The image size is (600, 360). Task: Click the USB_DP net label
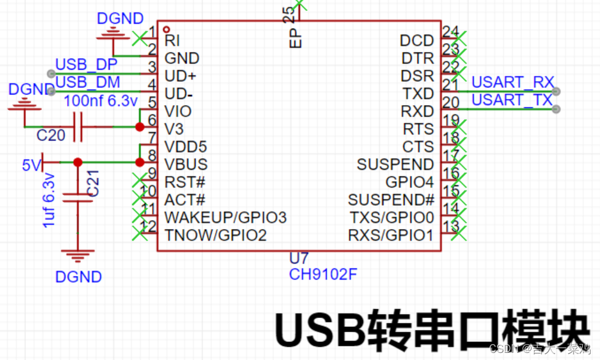[x=86, y=64]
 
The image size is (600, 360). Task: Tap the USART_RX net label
[x=513, y=82]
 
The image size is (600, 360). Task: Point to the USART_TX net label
[x=512, y=100]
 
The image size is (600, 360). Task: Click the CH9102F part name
[x=323, y=274]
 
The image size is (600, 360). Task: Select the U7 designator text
[x=298, y=258]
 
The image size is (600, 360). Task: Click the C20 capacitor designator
[x=51, y=136]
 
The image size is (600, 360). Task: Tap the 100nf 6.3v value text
[x=100, y=101]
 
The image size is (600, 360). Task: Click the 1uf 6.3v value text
[x=48, y=200]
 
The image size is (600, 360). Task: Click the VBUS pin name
[x=186, y=164]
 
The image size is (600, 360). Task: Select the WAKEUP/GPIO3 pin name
[x=225, y=218]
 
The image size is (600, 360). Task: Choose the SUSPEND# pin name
[x=391, y=199]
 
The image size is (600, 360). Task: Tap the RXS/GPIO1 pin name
[x=390, y=235]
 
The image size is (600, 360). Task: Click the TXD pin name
[x=418, y=93]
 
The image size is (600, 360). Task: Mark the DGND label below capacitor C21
[x=79, y=277]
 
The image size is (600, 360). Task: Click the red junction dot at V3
[x=139, y=127]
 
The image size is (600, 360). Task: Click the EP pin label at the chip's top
[x=295, y=39]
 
